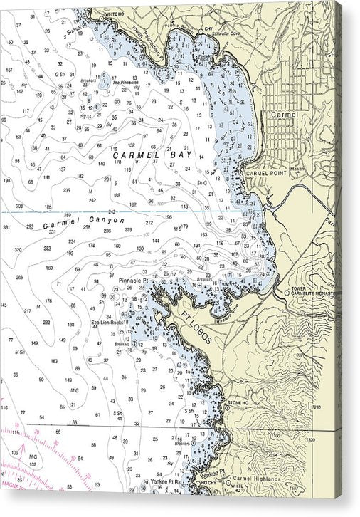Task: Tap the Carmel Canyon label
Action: [x=83, y=223]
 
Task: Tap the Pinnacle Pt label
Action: [x=133, y=281]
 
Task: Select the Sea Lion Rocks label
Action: [x=107, y=323]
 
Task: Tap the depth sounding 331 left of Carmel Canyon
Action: [x=6, y=227]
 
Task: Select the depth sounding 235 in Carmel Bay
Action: [x=66, y=191]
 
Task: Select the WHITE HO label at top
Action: [x=114, y=14]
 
